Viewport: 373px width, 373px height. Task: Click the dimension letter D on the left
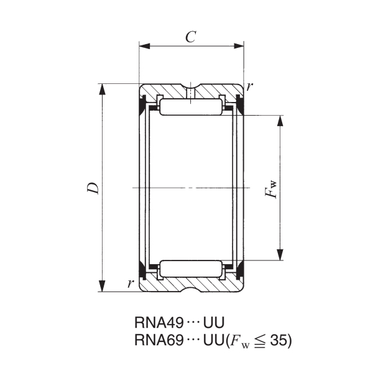pos(93,187)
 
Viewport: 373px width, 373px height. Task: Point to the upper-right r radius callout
pos(250,86)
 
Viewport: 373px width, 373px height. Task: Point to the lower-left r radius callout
pos(130,283)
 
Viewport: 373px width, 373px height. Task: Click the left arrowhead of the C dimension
pos(144,45)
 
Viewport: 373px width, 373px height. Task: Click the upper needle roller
pos(191,106)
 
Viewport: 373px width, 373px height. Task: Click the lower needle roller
pos(191,269)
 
